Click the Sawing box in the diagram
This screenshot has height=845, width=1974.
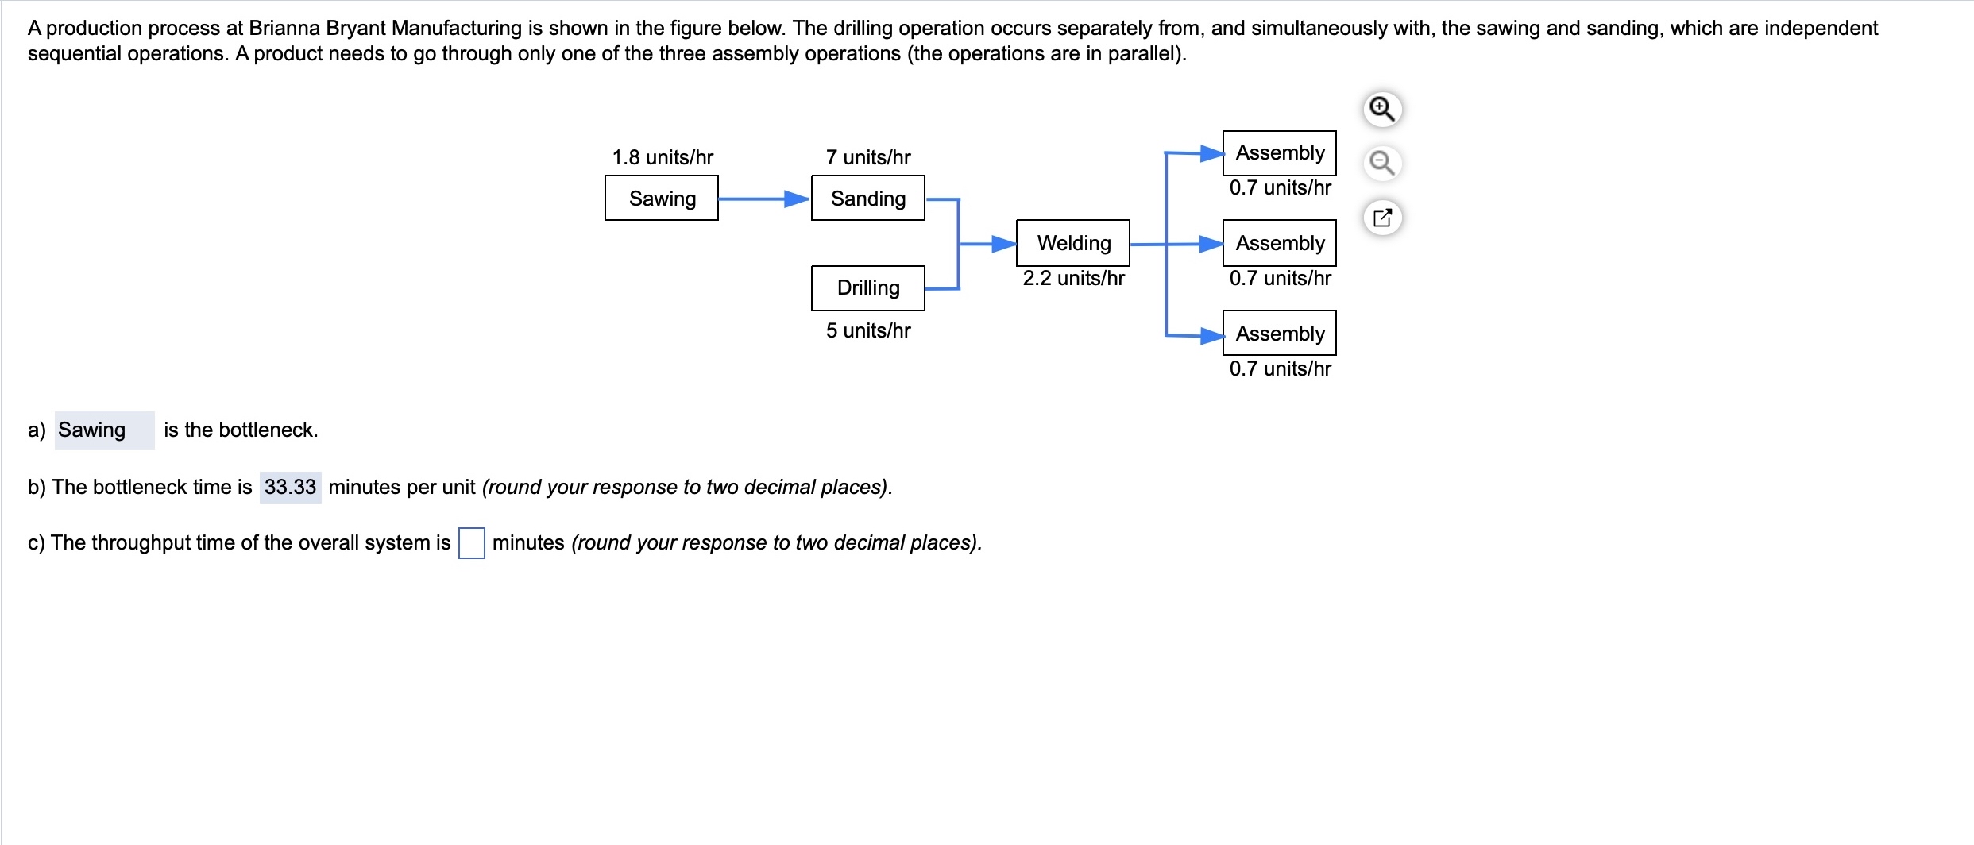(661, 198)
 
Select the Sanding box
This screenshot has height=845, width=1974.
(867, 198)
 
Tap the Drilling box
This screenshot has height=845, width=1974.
(867, 287)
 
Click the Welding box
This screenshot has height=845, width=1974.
(1072, 243)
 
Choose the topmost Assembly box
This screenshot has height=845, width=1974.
(1279, 152)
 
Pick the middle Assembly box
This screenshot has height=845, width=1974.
(1279, 243)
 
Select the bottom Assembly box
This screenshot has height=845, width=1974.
(1279, 333)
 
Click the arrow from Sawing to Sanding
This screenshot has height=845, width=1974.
(763, 199)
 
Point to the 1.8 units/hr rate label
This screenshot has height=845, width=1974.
(663, 157)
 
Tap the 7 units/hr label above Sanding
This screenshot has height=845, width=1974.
(867, 157)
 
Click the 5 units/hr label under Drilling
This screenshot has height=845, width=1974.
(867, 330)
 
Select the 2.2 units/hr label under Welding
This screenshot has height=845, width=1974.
(1073, 278)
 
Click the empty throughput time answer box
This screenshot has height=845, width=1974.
(471, 543)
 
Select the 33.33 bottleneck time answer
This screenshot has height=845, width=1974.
(290, 487)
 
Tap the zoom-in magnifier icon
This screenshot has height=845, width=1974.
(1382, 109)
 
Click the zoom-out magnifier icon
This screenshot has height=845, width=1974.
(1382, 163)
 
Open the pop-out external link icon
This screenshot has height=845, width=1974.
(1382, 217)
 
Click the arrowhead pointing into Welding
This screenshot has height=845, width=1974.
(1004, 244)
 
